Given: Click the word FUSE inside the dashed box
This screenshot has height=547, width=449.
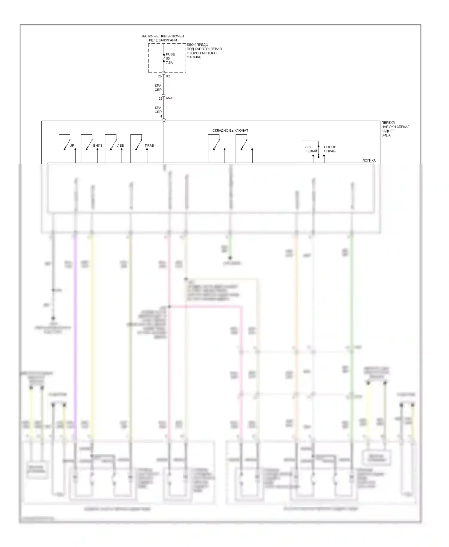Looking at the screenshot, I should click(170, 54).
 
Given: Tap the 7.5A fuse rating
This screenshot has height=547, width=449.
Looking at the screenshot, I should click(169, 63).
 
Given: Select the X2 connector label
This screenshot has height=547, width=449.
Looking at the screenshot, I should click(168, 76).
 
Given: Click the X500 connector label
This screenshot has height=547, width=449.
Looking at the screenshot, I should click(170, 98).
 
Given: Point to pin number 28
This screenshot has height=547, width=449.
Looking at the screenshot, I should click(160, 76).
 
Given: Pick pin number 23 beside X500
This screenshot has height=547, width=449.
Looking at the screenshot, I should click(160, 98).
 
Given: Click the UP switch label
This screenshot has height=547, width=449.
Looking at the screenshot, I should click(72, 146).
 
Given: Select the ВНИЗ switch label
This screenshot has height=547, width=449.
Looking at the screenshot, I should click(98, 146).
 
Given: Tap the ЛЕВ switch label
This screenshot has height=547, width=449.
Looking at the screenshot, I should click(121, 146).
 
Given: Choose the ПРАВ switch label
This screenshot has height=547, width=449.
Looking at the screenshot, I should click(149, 146).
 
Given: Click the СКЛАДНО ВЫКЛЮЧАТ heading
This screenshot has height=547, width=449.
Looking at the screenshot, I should click(230, 131).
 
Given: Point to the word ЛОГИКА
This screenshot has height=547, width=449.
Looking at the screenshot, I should click(369, 161).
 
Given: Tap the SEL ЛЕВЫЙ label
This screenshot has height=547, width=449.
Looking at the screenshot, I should click(311, 149).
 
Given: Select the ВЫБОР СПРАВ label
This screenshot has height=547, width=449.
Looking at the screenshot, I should click(330, 149).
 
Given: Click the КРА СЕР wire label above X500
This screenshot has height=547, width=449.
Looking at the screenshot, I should click(158, 88).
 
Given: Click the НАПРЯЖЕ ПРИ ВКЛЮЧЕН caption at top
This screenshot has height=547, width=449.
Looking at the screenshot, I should click(163, 36).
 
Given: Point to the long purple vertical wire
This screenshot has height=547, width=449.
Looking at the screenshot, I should click(75, 329).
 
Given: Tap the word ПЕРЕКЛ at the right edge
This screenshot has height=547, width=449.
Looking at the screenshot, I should click(388, 123).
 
